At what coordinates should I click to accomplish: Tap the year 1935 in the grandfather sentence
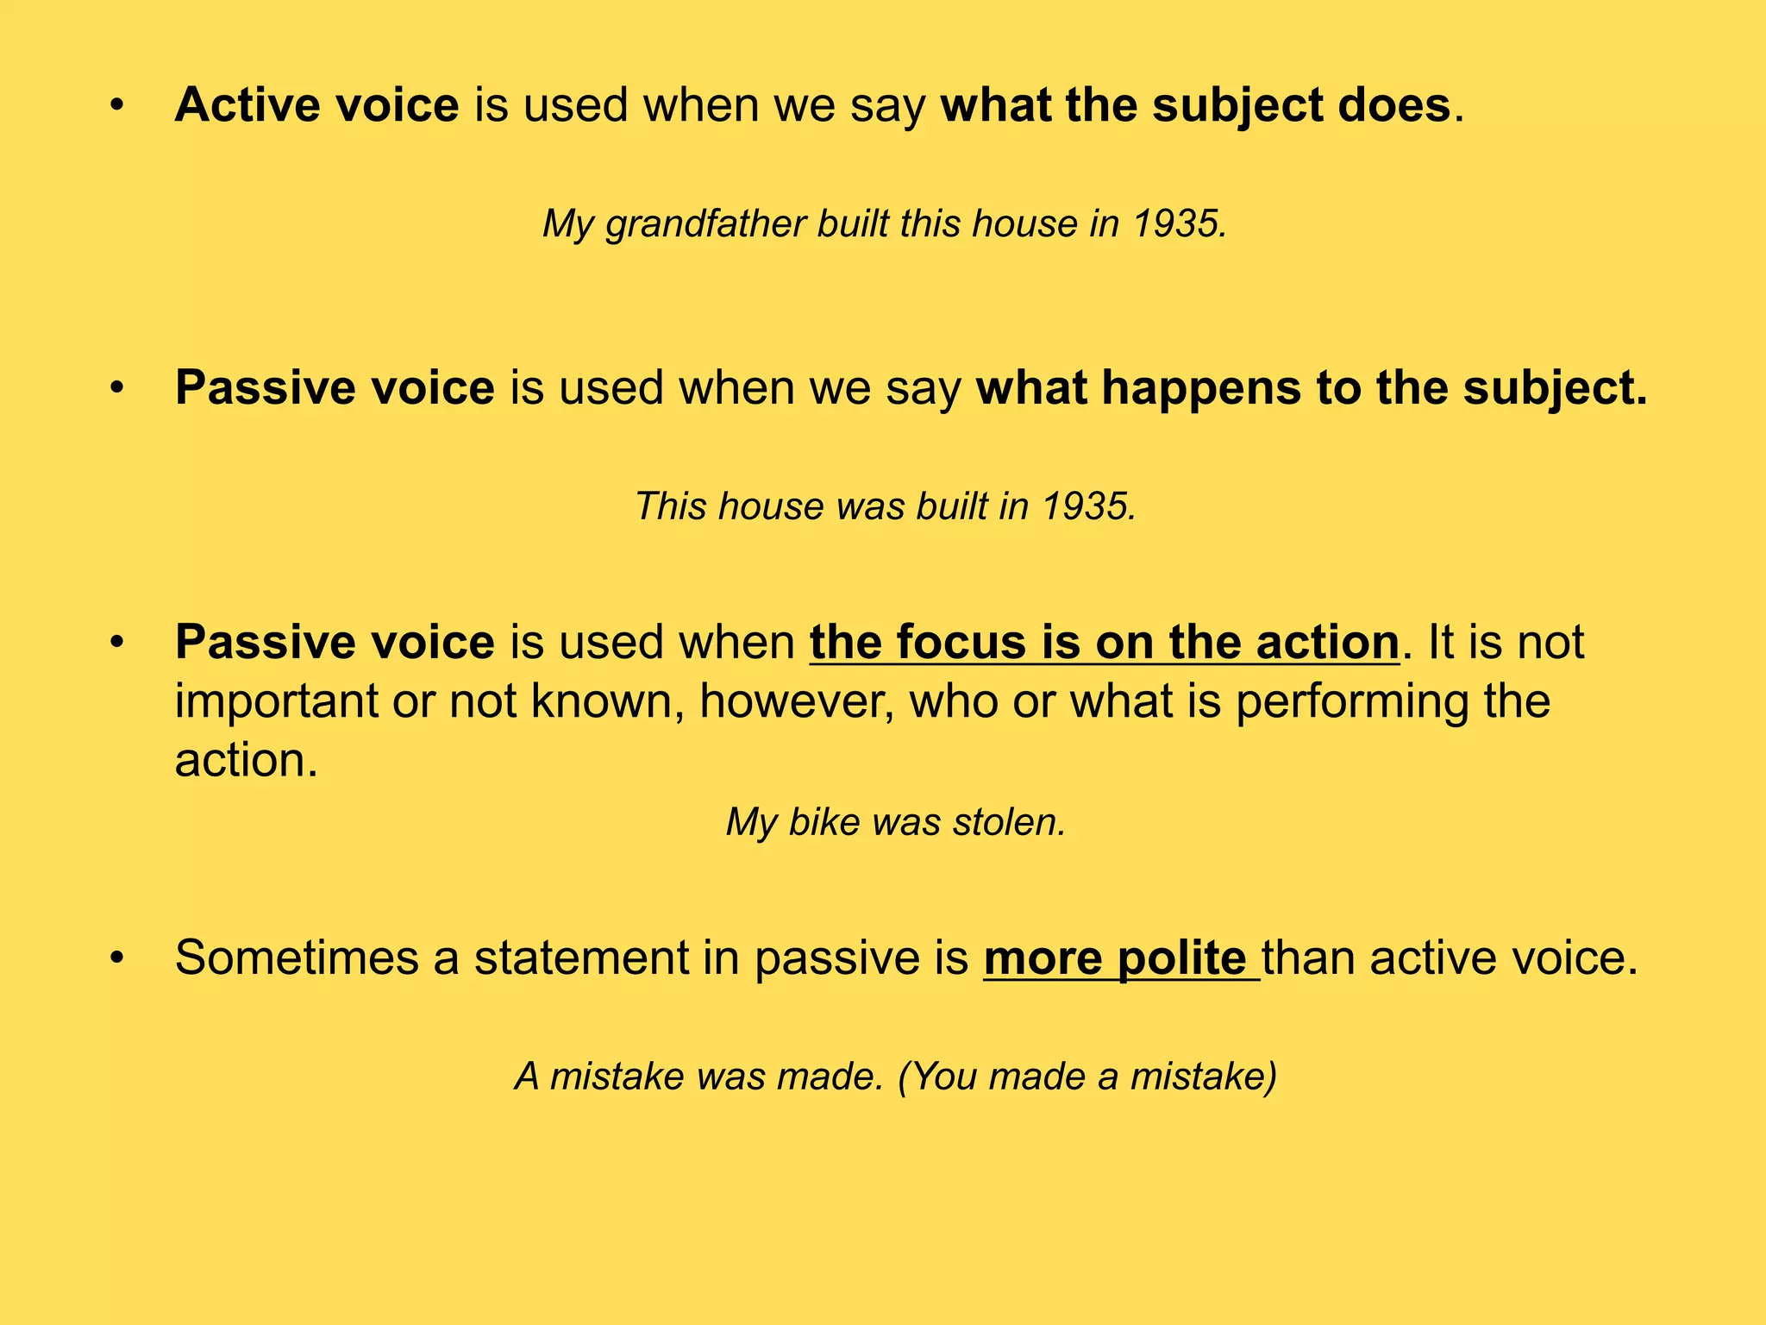coord(1179,224)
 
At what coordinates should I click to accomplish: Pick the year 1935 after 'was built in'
coord(1089,506)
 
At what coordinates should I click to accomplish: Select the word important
coord(276,701)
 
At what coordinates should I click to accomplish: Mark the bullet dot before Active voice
coord(117,107)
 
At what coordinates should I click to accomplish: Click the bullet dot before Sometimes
coord(117,959)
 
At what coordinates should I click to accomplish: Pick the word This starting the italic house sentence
coord(670,506)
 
